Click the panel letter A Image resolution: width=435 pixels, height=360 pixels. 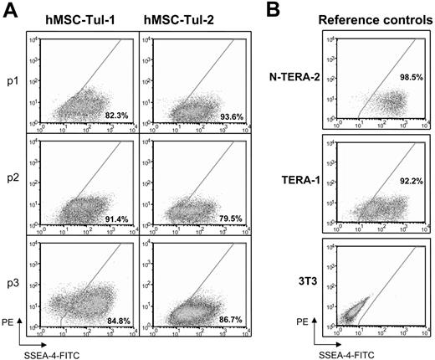pos(9,10)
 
